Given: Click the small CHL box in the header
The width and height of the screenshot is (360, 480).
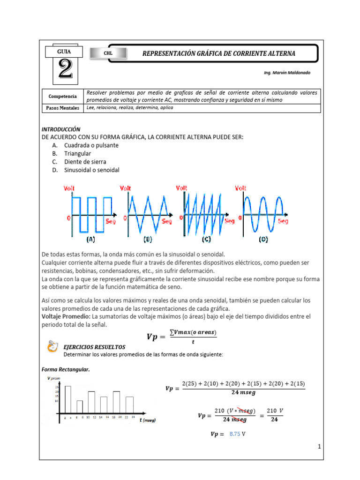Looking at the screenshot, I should pos(108,53).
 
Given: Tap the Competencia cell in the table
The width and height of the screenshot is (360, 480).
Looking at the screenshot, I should pos(63,96).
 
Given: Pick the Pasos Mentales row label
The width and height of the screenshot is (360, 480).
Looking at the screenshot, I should pos(63,108).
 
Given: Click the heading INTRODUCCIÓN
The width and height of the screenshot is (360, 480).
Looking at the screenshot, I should pos(61,129).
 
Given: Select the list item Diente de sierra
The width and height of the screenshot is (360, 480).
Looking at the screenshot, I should pos(85,162).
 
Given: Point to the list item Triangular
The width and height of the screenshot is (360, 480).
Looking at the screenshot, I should pos(78,153).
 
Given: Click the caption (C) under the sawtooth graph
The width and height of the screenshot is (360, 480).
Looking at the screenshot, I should pos(206,239).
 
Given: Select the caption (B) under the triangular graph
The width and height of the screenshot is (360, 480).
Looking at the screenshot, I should pos(148,239).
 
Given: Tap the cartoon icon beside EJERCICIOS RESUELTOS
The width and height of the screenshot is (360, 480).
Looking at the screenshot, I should pos(52,347).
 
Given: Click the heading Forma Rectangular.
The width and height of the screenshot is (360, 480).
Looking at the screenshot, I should pos(66,370).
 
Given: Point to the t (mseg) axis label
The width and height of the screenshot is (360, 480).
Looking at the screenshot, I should pos(148,420).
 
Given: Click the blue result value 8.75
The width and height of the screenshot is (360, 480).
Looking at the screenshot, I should pos(235,434).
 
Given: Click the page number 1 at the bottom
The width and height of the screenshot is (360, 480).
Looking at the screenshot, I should pos(319,447).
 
